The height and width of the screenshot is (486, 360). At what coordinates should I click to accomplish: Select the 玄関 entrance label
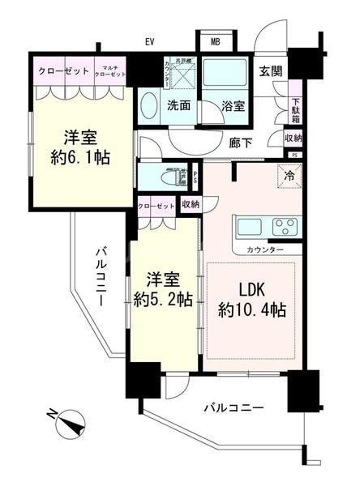pos(272,70)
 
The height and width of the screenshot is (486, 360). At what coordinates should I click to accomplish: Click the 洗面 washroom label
pos(178,105)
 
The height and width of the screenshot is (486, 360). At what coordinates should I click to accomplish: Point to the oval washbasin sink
pos(150,107)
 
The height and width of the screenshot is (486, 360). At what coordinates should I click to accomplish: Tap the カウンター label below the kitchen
pos(265,249)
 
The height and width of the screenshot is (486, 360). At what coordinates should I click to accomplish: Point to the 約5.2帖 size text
pos(165,300)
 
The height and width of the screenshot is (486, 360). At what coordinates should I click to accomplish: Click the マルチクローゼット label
pos(109,70)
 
